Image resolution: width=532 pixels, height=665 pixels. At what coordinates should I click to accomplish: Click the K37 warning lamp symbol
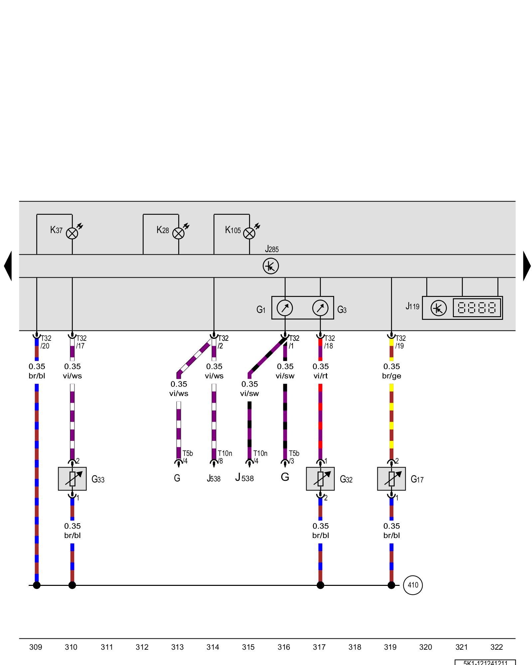(x=72, y=233)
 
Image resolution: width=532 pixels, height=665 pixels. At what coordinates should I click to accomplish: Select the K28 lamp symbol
(x=179, y=233)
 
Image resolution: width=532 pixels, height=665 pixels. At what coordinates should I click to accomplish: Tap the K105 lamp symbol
(x=249, y=233)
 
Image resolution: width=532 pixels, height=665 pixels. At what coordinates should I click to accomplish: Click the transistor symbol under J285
(x=271, y=266)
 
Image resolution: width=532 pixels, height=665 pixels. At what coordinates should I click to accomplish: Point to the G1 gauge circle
(x=285, y=308)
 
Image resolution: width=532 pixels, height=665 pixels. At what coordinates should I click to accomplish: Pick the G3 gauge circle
(x=320, y=308)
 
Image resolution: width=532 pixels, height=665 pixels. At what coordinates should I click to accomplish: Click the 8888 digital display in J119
(x=477, y=308)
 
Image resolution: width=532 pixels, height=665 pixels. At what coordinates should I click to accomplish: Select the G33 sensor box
(x=72, y=479)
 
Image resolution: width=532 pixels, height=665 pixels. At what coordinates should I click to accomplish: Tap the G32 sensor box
(x=320, y=479)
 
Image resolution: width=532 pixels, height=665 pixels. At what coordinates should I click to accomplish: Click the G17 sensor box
(x=391, y=479)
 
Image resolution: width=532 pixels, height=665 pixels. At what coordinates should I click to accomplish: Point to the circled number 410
(x=413, y=585)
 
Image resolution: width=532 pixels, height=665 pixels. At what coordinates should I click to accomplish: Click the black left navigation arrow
(x=8, y=266)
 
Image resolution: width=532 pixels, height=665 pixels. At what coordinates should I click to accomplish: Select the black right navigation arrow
(x=527, y=266)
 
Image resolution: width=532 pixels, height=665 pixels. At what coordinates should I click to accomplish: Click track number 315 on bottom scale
(x=248, y=647)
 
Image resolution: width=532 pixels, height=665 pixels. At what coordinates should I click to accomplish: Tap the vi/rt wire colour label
(x=321, y=376)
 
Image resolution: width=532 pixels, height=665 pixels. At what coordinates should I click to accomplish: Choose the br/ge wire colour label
(x=392, y=376)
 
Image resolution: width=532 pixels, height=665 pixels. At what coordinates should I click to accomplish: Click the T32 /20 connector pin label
(x=46, y=342)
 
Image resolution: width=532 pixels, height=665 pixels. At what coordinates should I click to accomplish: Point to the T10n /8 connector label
(x=224, y=457)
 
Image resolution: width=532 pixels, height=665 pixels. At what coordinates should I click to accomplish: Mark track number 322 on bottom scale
(x=496, y=647)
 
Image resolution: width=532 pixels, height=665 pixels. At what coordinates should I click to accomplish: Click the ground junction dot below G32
(x=320, y=585)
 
